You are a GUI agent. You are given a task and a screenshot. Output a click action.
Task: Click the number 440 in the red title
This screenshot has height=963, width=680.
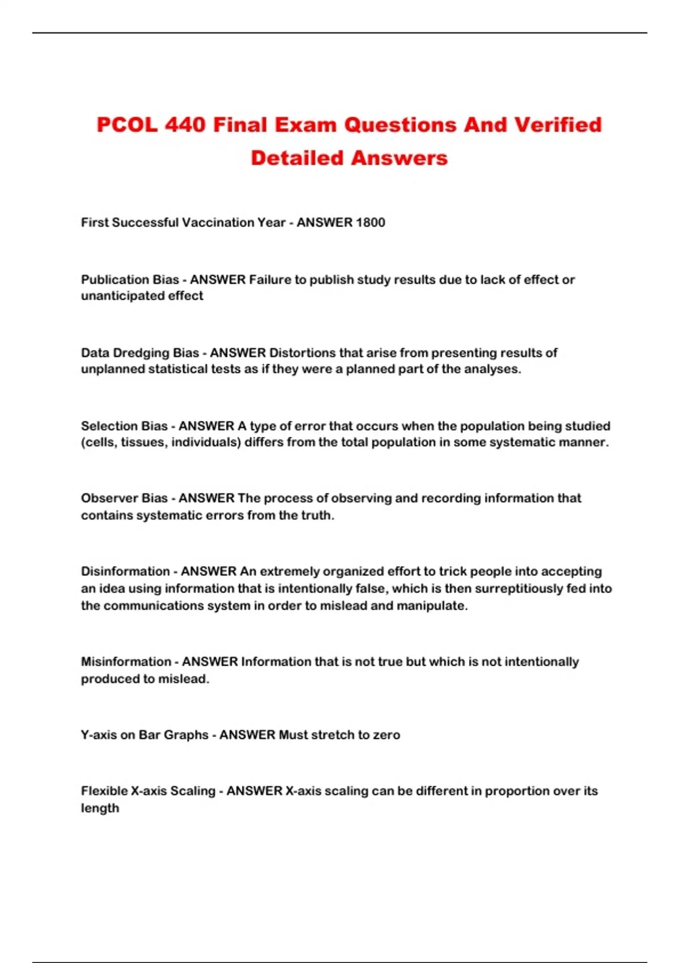185,125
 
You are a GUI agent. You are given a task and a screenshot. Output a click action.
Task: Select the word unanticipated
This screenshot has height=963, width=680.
126,296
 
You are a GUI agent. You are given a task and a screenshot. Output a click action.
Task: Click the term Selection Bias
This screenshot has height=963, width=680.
124,426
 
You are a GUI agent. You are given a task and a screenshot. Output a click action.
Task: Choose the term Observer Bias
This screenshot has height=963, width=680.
124,498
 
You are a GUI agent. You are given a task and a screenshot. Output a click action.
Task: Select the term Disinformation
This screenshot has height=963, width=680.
125,572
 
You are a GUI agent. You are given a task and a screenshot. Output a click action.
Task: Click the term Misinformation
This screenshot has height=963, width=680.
126,662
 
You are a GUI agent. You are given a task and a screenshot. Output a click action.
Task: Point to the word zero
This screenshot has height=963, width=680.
386,735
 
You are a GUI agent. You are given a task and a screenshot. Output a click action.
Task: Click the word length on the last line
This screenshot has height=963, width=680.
100,808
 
